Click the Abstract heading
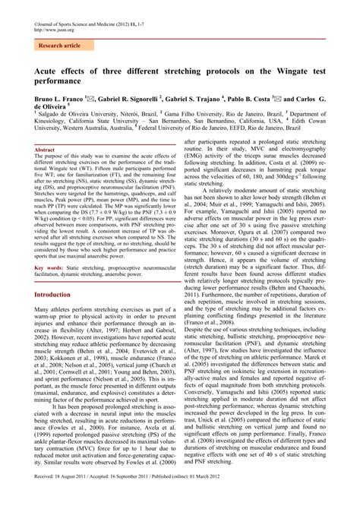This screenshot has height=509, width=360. (x=46, y=150)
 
